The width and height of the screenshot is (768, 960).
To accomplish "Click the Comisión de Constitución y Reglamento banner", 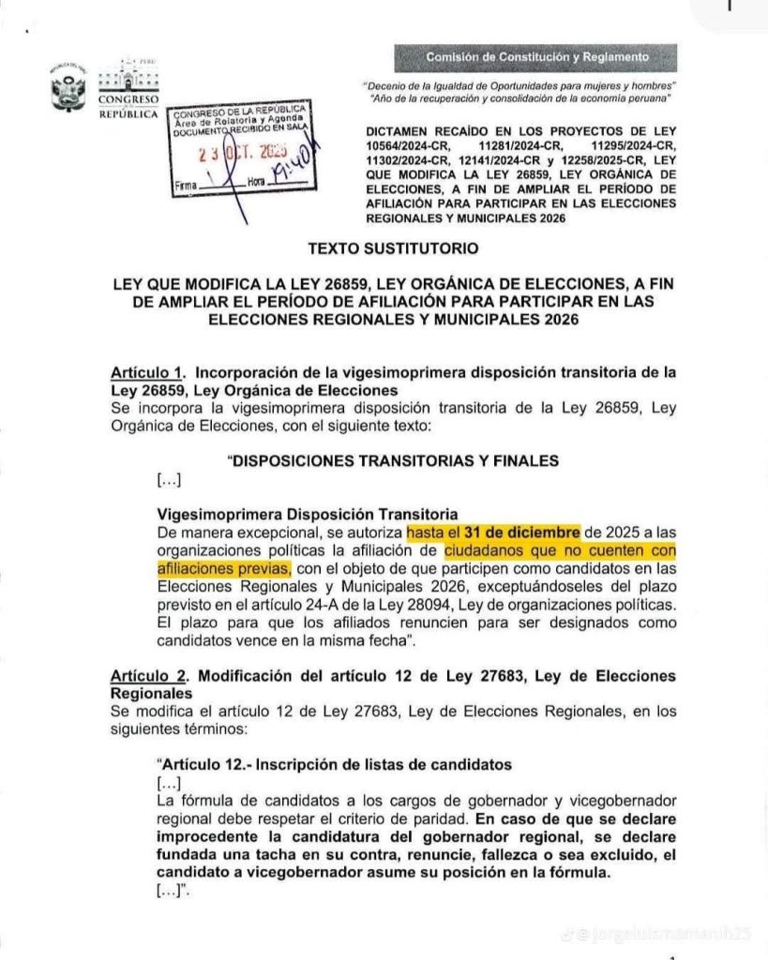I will (537, 57).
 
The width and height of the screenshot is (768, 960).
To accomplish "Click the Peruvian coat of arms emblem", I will (68, 91).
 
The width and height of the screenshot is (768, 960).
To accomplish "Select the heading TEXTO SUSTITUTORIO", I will (393, 248).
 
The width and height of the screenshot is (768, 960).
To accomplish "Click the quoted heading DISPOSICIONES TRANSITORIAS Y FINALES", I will (394, 460).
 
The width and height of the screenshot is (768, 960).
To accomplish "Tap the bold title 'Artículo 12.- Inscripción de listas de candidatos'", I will (334, 765).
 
